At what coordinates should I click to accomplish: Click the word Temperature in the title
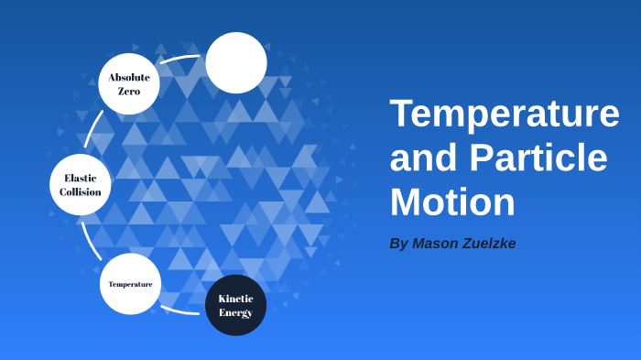tap(504, 114)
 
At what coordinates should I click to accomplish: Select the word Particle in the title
tap(538, 158)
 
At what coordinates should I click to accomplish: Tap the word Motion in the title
tap(452, 202)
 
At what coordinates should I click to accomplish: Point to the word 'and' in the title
tap(424, 158)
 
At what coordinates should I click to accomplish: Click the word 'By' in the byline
tap(398, 244)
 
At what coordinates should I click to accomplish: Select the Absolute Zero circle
tap(129, 83)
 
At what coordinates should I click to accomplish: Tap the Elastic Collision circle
tap(81, 184)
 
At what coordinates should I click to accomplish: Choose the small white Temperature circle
tap(130, 284)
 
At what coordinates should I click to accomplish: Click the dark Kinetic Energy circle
tap(235, 305)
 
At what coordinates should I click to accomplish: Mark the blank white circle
tap(236, 62)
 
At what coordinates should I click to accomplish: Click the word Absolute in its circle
tap(129, 77)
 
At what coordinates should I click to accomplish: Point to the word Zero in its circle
tap(129, 92)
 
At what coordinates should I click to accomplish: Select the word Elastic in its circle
tap(81, 178)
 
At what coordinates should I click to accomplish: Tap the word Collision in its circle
tap(81, 192)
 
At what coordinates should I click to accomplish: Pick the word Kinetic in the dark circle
tap(235, 299)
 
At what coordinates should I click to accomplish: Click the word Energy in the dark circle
tap(235, 312)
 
